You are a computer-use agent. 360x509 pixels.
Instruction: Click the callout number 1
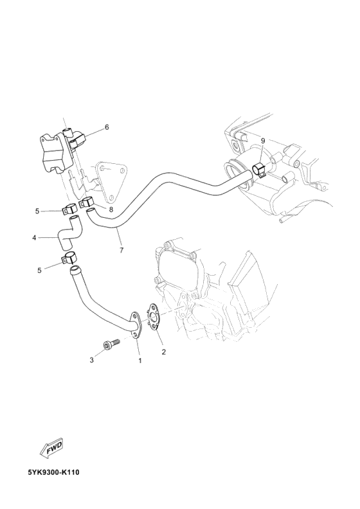[x=139, y=361]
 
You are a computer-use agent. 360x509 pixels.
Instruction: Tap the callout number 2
[x=163, y=352]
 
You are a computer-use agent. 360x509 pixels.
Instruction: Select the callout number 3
[x=92, y=361]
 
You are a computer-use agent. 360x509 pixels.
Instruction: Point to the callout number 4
[x=34, y=238]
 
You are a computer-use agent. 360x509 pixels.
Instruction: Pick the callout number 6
[x=107, y=127]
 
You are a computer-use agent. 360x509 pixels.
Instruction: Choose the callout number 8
[x=111, y=209]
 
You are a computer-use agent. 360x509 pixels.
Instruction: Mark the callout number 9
[x=262, y=141]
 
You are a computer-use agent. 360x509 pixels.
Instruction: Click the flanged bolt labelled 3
[x=110, y=344]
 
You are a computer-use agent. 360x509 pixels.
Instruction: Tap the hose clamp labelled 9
[x=260, y=171]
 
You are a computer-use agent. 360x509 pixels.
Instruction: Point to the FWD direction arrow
[x=50, y=447]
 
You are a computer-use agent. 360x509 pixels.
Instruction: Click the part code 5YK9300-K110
[x=53, y=472]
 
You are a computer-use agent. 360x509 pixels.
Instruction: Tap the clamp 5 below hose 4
[x=69, y=260]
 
